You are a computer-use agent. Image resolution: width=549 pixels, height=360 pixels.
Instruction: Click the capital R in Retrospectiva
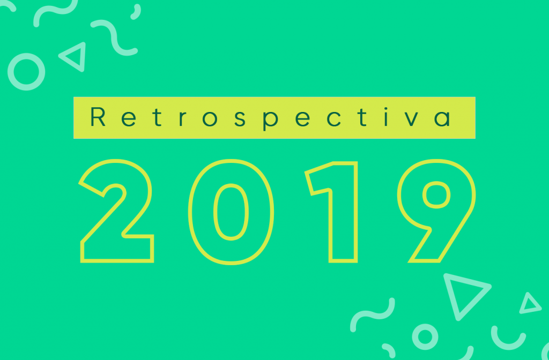point(99,118)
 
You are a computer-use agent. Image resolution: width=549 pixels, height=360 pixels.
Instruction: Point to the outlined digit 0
point(231,212)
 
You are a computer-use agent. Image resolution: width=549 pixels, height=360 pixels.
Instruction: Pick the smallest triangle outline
point(530,304)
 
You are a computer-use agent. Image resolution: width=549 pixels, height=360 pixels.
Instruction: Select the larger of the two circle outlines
point(26,72)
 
